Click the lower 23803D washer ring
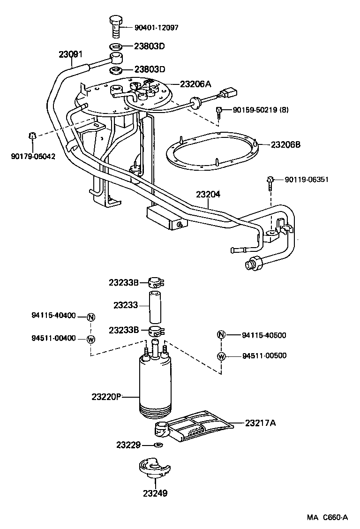coord(116,71)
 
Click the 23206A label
coord(196,84)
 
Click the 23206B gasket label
coord(285,144)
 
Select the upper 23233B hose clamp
coord(155,283)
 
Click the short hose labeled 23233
coord(155,305)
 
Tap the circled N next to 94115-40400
coord(91,317)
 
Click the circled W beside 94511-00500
coord(222,356)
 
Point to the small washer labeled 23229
coord(159,445)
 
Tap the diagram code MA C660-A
coord(327,517)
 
